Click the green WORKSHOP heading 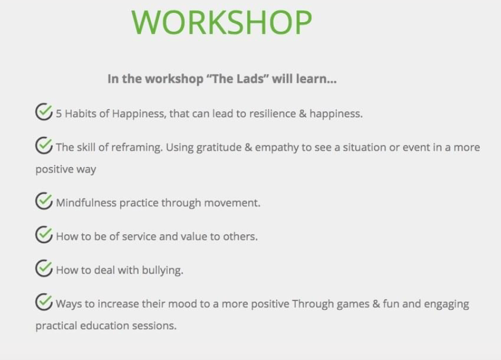click(x=222, y=22)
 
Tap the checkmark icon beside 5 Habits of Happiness click(x=44, y=111)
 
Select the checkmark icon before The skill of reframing click(x=44, y=145)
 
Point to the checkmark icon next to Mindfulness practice click(x=44, y=201)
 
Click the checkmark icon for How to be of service click(x=44, y=234)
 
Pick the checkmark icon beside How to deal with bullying click(x=44, y=268)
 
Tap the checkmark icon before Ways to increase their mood click(x=44, y=302)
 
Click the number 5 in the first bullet click(x=59, y=114)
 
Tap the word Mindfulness click(x=86, y=203)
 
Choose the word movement click(x=232, y=203)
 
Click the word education click(x=105, y=326)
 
